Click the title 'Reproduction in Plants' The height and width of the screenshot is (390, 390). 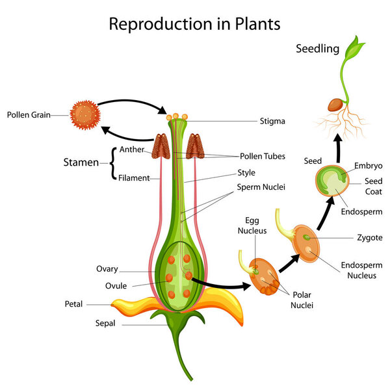194,24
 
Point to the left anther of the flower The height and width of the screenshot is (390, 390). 161,147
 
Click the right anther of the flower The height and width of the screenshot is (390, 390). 195,147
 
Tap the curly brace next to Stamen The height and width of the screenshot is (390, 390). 114,162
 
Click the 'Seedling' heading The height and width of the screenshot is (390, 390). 318,48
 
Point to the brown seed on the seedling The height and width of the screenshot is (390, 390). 336,105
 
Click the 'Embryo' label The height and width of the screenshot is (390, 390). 368,166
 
